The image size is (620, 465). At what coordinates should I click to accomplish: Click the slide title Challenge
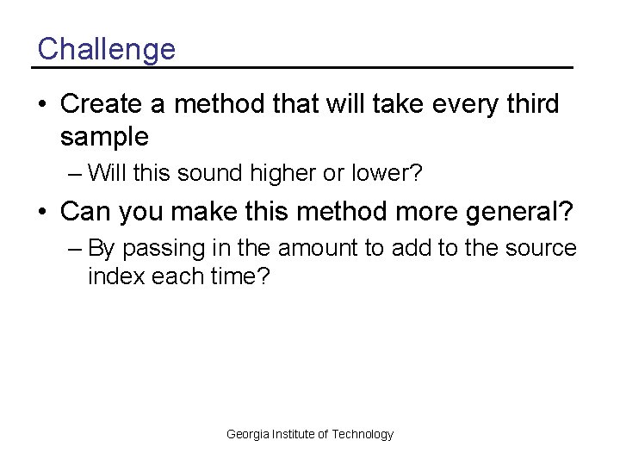point(106,49)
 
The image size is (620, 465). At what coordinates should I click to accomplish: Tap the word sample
point(104,136)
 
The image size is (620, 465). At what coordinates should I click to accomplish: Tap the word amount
point(317,249)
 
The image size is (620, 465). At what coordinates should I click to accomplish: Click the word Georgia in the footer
point(247,434)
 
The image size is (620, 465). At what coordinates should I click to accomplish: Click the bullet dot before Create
point(41,105)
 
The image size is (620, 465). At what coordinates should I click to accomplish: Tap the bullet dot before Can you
point(41,210)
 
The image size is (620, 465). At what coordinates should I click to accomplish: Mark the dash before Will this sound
point(74,174)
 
